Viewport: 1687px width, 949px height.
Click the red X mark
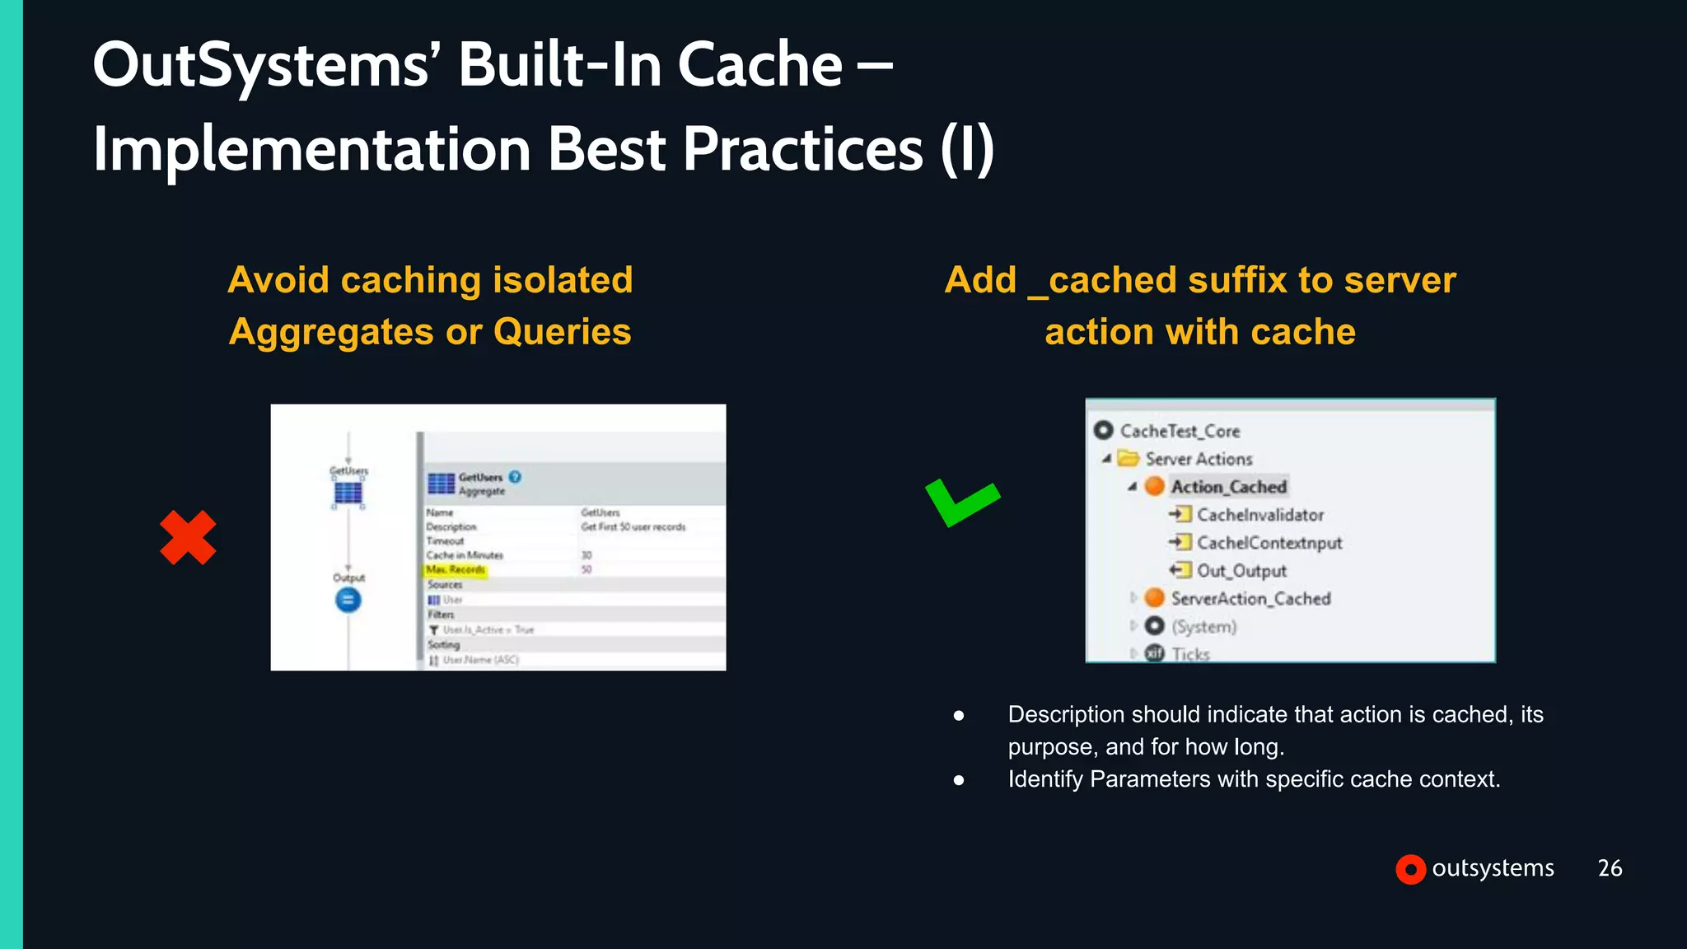click(188, 538)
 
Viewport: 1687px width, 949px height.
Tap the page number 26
click(1610, 868)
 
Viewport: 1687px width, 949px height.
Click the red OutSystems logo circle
click(1410, 869)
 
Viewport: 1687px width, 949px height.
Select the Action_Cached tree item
click(1228, 487)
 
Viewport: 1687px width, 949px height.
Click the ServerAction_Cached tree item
click(1250, 599)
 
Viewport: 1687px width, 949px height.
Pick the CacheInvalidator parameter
click(1259, 515)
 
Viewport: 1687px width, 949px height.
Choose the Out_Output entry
click(1241, 571)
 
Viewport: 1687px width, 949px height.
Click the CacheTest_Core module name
click(1179, 431)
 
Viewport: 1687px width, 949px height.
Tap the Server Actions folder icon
click(1129, 459)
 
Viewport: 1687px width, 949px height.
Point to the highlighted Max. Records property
click(456, 569)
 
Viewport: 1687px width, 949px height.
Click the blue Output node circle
click(348, 600)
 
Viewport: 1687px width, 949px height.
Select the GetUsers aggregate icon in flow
click(348, 493)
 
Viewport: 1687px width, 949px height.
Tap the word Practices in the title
click(802, 150)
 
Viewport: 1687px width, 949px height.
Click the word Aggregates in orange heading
click(331, 332)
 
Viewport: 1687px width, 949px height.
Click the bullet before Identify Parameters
click(958, 780)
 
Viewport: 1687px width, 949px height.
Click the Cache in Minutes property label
click(464, 555)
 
